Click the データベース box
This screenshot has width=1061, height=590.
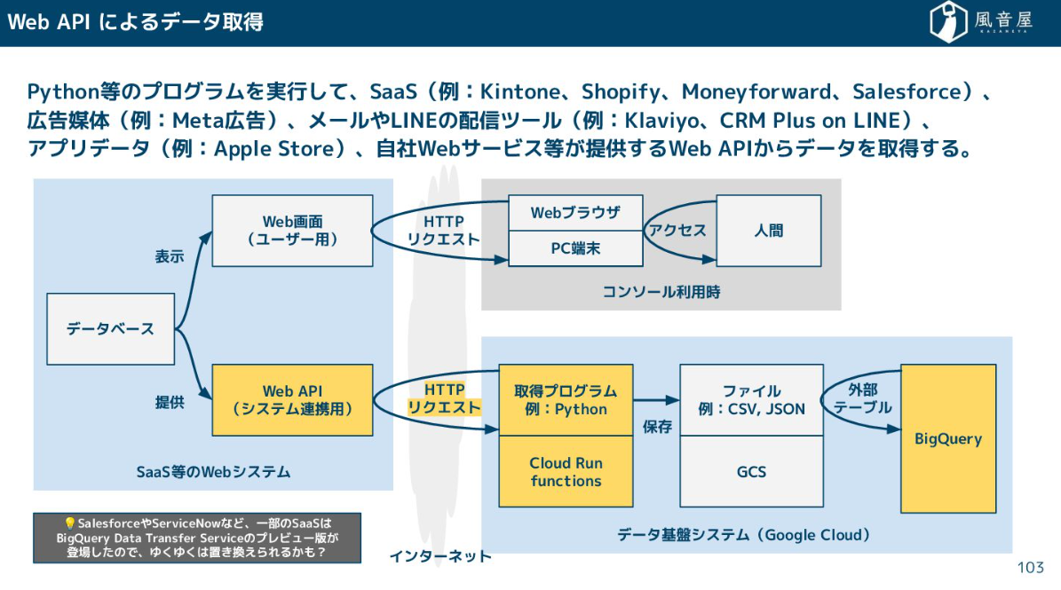tap(110, 329)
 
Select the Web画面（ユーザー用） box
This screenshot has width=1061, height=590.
tap(292, 231)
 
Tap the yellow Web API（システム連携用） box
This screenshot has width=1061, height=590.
tap(292, 400)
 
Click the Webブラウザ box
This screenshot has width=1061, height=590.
tap(575, 213)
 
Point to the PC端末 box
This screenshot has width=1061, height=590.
tap(575, 248)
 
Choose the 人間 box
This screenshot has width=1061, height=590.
tap(769, 231)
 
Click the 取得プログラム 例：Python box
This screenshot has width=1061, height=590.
tap(566, 400)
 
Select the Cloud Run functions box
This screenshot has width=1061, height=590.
tap(566, 472)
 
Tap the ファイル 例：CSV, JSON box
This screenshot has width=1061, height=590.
tap(751, 400)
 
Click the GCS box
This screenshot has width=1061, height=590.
tap(751, 472)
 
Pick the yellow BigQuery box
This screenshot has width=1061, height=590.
tap(948, 438)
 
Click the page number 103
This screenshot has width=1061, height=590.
tap(1031, 568)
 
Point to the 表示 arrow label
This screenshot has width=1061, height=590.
tap(170, 256)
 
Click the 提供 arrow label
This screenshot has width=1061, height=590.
tap(170, 403)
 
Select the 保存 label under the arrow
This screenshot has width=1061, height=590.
tap(657, 427)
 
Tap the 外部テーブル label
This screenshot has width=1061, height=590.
tap(863, 398)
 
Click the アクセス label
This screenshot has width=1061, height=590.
tap(677, 231)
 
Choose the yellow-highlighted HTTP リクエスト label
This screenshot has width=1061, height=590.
tap(444, 398)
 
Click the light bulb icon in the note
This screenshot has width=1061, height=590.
tap(69, 523)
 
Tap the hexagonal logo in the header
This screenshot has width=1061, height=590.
tap(947, 21)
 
